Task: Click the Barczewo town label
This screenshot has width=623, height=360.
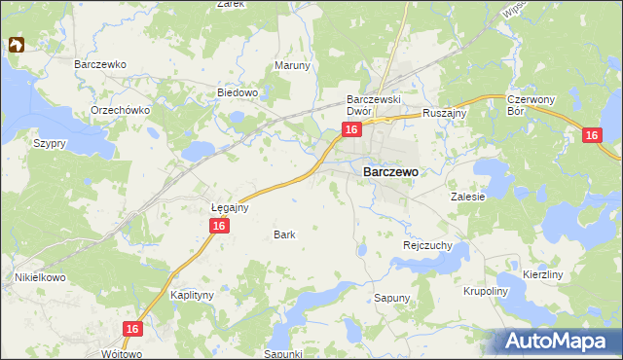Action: (x=390, y=171)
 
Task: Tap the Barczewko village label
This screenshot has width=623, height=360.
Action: (x=101, y=64)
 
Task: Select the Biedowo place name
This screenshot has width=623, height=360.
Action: (x=237, y=93)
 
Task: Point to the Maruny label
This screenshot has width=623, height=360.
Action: (x=292, y=66)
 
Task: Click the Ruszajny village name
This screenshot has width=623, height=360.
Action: (x=446, y=114)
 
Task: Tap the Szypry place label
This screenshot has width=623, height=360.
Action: (x=49, y=143)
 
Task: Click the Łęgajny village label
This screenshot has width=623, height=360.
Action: (x=232, y=207)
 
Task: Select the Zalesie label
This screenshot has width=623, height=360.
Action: (x=467, y=196)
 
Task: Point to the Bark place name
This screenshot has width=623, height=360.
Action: (x=284, y=234)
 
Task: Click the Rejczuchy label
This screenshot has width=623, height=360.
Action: (x=427, y=246)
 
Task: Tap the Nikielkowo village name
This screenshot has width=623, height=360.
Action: (x=39, y=277)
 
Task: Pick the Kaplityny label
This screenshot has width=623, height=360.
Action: (x=192, y=293)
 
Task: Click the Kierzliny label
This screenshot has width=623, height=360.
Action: (x=543, y=275)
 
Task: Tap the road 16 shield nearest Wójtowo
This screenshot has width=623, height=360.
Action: (x=134, y=330)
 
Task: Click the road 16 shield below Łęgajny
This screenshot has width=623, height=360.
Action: (x=219, y=226)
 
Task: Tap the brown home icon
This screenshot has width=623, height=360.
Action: (x=17, y=45)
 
